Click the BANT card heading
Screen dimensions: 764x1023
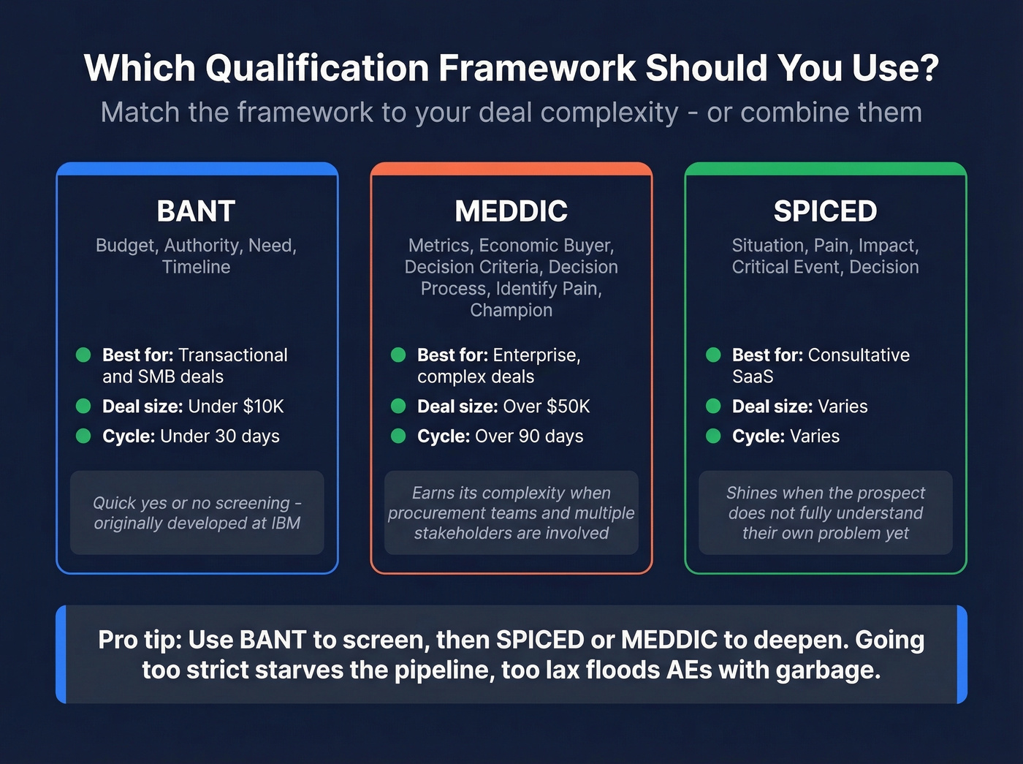(196, 211)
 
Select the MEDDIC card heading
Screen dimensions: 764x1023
(511, 211)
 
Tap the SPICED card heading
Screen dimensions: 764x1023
(825, 211)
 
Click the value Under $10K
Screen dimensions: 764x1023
(235, 406)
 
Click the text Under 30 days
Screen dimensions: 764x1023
(219, 436)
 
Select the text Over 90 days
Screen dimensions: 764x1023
(529, 436)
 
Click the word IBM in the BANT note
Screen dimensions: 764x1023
(284, 523)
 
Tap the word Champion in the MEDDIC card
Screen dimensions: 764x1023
(511, 310)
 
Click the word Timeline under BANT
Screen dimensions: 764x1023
(196, 267)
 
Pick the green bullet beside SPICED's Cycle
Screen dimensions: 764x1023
(713, 436)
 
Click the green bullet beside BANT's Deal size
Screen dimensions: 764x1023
(83, 406)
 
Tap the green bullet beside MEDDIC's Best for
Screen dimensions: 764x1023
(398, 355)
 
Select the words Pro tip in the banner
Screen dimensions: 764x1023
(140, 640)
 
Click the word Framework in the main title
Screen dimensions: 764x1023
(537, 68)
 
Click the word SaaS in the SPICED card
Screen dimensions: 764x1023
(753, 377)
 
